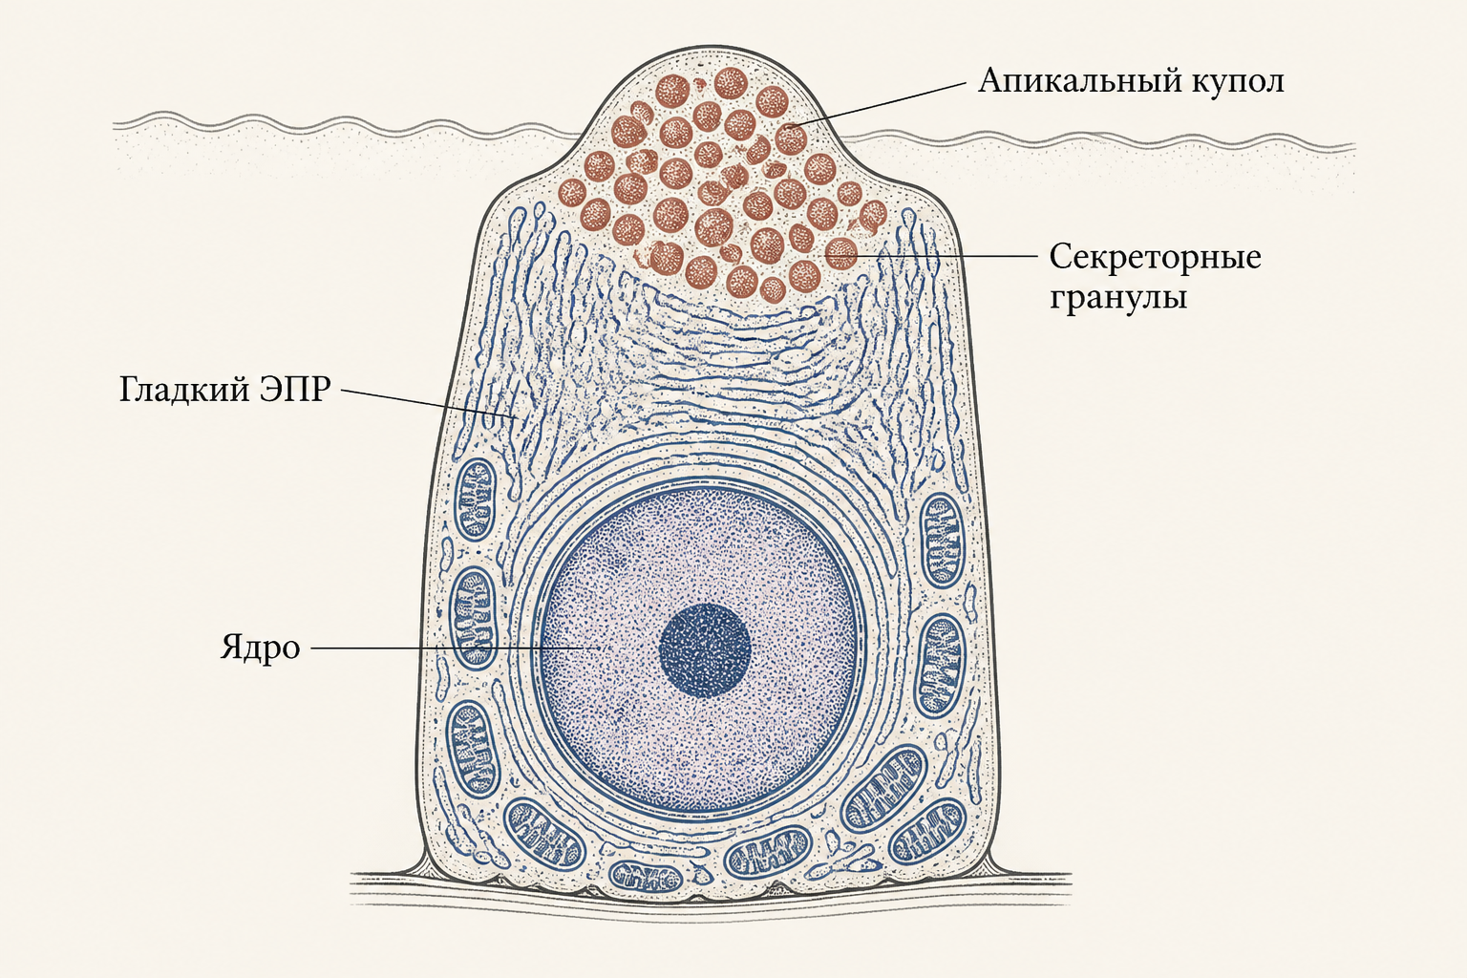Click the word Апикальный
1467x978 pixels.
[x=1077, y=81]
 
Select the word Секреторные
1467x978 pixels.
[x=1156, y=257]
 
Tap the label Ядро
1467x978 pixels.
[x=260, y=648]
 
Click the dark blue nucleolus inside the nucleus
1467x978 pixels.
[x=705, y=650]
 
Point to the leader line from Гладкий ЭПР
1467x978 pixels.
[x=429, y=403]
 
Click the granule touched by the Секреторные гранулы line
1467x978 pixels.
[x=840, y=253]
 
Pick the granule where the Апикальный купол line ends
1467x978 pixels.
[x=791, y=138]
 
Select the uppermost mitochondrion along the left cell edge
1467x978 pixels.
[x=476, y=500]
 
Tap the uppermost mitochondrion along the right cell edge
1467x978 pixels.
[x=942, y=540]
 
